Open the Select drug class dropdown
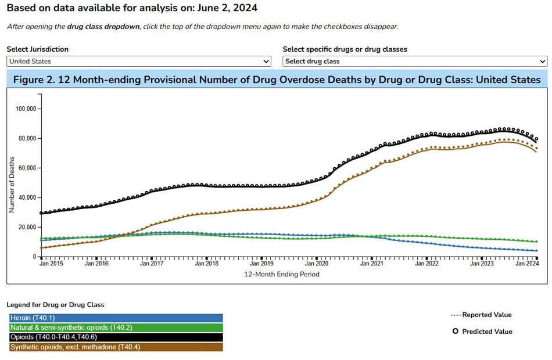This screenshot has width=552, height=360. click(x=415, y=62)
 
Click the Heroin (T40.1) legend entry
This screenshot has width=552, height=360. click(x=116, y=318)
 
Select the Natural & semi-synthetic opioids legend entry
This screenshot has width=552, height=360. click(x=116, y=327)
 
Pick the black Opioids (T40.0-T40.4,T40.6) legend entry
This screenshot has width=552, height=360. click(x=116, y=337)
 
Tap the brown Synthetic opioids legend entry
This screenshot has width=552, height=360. click(x=116, y=347)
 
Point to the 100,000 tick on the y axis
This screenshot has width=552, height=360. click(x=26, y=109)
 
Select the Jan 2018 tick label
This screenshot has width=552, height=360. click(x=207, y=264)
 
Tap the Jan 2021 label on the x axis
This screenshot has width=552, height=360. click(x=372, y=264)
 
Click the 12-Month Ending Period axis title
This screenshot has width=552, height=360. click(x=282, y=274)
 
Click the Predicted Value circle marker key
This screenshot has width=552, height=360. click(x=456, y=332)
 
